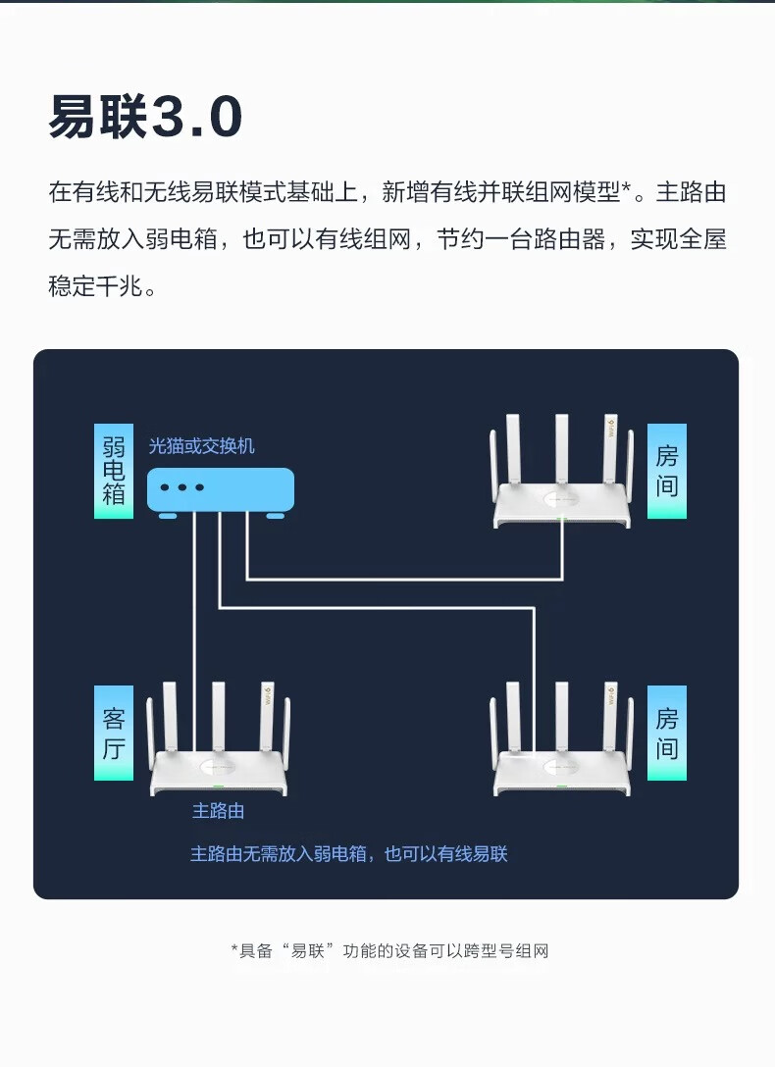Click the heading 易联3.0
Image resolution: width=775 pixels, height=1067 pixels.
[145, 119]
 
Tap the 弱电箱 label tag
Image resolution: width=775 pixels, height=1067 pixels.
[113, 471]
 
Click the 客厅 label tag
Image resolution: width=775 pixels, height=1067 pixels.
[113, 733]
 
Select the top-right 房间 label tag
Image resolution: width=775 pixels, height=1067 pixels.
[666, 471]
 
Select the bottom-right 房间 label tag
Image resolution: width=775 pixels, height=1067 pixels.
[666, 733]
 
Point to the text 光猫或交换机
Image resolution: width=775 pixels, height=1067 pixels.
[201, 446]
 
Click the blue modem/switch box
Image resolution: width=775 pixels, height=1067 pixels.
[221, 488]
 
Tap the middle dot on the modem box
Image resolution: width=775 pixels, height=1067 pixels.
[181, 487]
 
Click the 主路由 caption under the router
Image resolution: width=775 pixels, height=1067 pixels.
[218, 811]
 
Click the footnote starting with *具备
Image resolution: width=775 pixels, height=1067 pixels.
[388, 950]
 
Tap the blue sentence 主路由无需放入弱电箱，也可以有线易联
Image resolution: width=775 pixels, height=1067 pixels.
[348, 854]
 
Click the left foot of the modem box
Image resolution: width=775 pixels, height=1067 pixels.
[167, 515]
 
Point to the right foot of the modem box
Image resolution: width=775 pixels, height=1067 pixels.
[276, 515]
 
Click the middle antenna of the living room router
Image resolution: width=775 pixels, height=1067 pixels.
[219, 714]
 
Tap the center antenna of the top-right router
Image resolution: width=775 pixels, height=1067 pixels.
[562, 446]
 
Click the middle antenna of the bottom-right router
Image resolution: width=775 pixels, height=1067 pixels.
[562, 714]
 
